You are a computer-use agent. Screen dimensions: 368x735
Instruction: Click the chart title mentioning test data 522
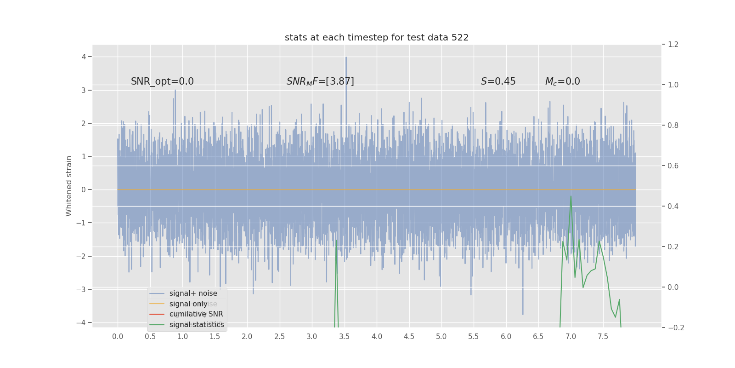(377, 38)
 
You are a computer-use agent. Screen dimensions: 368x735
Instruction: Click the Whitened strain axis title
(69, 186)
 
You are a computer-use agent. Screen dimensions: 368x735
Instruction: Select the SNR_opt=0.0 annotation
(162, 81)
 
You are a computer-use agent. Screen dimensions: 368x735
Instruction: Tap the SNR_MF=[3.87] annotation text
(320, 81)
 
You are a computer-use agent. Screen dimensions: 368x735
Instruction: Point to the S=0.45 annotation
(498, 81)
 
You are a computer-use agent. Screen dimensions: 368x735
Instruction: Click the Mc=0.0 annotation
(562, 81)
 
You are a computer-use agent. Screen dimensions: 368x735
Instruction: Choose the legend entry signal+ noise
(193, 293)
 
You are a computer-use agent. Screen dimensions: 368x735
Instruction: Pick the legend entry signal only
(188, 304)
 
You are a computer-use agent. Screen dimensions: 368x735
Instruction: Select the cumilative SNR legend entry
(196, 314)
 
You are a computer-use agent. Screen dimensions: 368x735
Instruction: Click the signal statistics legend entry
(197, 325)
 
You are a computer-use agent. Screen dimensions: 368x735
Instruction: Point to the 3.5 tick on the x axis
(344, 336)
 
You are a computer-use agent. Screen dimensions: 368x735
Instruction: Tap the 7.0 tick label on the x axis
(571, 336)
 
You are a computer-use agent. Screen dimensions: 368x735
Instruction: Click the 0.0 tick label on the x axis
(118, 336)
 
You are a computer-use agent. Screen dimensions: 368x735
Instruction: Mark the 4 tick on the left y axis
(84, 57)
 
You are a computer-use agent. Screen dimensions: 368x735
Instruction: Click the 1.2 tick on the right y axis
(673, 45)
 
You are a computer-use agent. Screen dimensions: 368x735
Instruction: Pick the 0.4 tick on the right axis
(673, 206)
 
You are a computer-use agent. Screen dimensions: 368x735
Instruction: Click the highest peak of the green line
(571, 196)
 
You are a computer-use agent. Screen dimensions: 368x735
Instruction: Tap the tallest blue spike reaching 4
(346, 57)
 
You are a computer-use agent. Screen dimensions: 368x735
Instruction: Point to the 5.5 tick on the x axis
(474, 336)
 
